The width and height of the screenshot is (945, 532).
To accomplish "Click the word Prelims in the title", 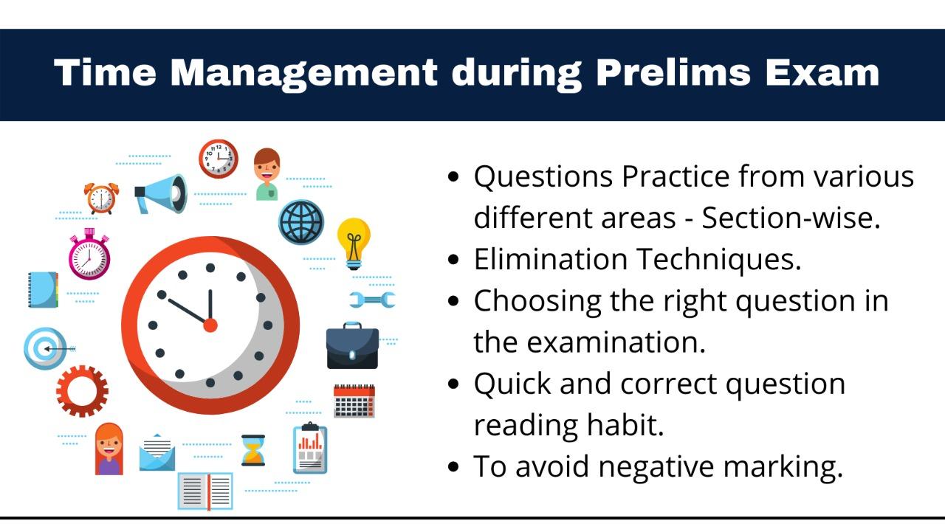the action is pos(673,72).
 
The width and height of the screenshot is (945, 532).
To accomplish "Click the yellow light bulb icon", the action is pos(354,243).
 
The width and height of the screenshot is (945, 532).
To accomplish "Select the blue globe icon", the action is pos(301,222).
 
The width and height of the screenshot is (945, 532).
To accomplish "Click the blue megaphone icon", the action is pos(161,194).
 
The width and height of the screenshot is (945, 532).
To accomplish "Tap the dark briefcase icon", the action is pos(353,345).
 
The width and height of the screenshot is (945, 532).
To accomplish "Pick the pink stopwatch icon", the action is pos(89,254).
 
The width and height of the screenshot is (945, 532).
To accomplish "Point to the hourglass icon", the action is pos(253,450).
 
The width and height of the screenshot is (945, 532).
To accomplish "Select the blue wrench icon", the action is pos(372,300).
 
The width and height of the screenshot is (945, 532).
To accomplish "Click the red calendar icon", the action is pos(354,401).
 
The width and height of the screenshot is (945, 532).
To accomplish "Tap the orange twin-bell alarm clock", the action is pos(101,198).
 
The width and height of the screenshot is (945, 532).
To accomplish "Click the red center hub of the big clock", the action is pos(210,325).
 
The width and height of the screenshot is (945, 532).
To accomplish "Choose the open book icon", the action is pos(205,491).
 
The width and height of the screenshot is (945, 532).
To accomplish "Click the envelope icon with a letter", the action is pos(157,452).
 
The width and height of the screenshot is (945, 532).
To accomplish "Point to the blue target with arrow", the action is pos(47,348).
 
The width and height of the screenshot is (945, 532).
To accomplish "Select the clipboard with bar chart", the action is pos(310,448).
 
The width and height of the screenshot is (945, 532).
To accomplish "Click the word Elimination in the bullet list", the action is pos(551,259).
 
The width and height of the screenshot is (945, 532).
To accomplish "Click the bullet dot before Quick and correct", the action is pos(453,384).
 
